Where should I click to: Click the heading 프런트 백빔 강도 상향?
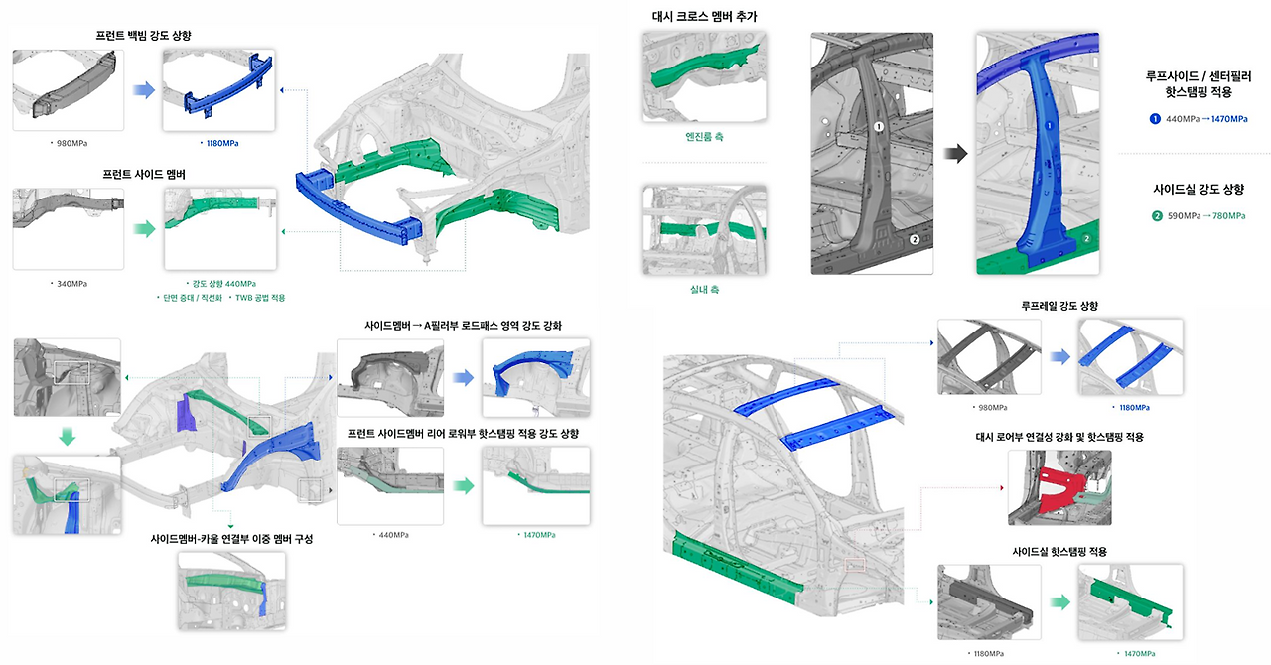(144, 35)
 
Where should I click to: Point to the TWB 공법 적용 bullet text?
(260, 298)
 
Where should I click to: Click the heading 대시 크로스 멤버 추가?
(705, 17)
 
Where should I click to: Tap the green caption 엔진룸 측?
(704, 136)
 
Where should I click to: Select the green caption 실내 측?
(704, 290)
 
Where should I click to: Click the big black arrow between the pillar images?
(955, 153)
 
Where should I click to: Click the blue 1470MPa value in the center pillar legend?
(1229, 118)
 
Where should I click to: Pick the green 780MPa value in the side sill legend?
(1229, 215)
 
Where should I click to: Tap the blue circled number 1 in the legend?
(1155, 118)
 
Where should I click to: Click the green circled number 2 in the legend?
(1157, 215)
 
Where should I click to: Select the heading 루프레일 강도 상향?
(1059, 306)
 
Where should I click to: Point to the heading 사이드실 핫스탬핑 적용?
(1059, 551)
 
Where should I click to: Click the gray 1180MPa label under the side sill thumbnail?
(989, 654)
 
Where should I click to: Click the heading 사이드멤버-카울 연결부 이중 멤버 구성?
(231, 539)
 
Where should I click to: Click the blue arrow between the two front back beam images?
(144, 89)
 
